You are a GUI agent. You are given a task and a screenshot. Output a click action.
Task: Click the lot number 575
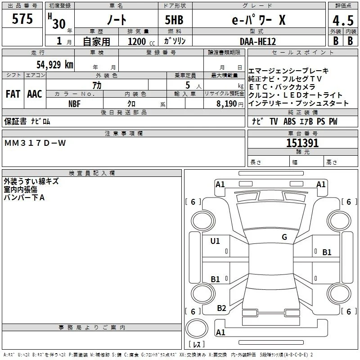(x=22, y=18)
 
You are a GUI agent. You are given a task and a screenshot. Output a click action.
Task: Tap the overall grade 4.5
(x=343, y=20)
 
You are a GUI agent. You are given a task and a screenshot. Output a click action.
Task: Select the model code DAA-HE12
(x=257, y=41)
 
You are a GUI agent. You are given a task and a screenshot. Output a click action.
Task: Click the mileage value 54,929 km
(x=55, y=64)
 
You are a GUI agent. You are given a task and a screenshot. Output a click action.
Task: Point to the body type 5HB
(x=174, y=20)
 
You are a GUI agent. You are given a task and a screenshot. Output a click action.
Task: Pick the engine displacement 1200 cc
(x=141, y=41)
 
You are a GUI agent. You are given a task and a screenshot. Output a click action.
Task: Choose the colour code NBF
(x=74, y=104)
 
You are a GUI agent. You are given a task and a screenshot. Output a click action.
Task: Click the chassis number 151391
(x=302, y=143)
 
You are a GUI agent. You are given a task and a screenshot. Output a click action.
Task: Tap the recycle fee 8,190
(x=226, y=104)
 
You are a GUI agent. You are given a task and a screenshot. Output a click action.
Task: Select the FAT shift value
(x=13, y=94)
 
